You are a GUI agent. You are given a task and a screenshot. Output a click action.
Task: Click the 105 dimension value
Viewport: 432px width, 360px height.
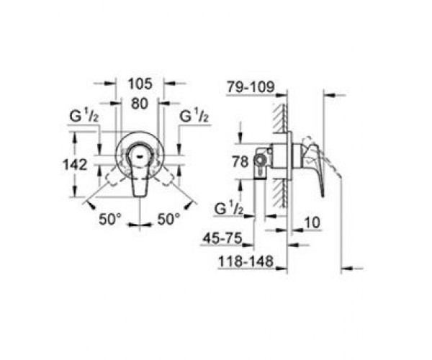pos(140,84)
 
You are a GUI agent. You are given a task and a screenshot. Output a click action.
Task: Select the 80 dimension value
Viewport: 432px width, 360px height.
pos(140,104)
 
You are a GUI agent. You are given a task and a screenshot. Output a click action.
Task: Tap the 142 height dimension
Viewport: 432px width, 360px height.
pos(75,165)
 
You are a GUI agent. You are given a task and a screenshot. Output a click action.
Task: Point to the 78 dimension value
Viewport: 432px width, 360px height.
pos(240,162)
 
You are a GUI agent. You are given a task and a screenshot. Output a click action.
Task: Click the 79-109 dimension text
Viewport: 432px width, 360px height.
pos(251,87)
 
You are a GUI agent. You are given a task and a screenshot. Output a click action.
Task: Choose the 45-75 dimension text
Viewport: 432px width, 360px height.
pos(222,238)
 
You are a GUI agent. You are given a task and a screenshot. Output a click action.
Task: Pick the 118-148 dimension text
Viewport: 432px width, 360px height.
pos(246,261)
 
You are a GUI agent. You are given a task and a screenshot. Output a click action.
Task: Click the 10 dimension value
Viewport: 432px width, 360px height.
pos(312,222)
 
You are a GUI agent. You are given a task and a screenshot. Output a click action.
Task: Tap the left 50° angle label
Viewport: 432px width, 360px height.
pos(110,220)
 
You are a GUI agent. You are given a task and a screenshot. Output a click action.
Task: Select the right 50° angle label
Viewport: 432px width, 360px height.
pos(168,220)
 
